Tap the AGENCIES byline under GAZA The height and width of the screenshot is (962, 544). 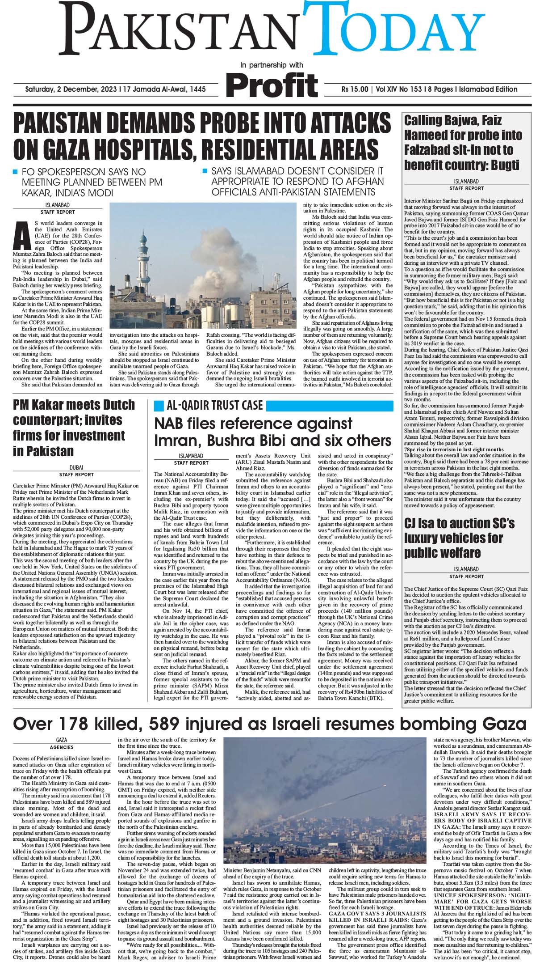62,747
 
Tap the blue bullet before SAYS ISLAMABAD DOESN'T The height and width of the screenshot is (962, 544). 205,171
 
